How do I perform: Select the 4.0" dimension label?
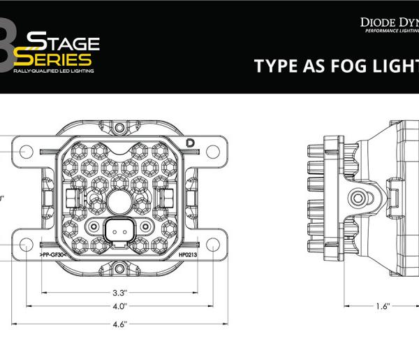pyautogui.click(x=119, y=306)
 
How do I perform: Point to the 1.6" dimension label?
pyautogui.click(x=381, y=306)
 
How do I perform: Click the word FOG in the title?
pyautogui.click(x=339, y=66)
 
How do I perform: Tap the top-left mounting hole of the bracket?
pyautogui.click(x=26, y=150)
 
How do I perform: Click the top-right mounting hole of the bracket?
pyautogui.click(x=213, y=150)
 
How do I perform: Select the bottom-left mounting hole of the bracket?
pyautogui.click(x=26, y=245)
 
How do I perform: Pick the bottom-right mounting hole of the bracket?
pyautogui.click(x=213, y=245)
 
